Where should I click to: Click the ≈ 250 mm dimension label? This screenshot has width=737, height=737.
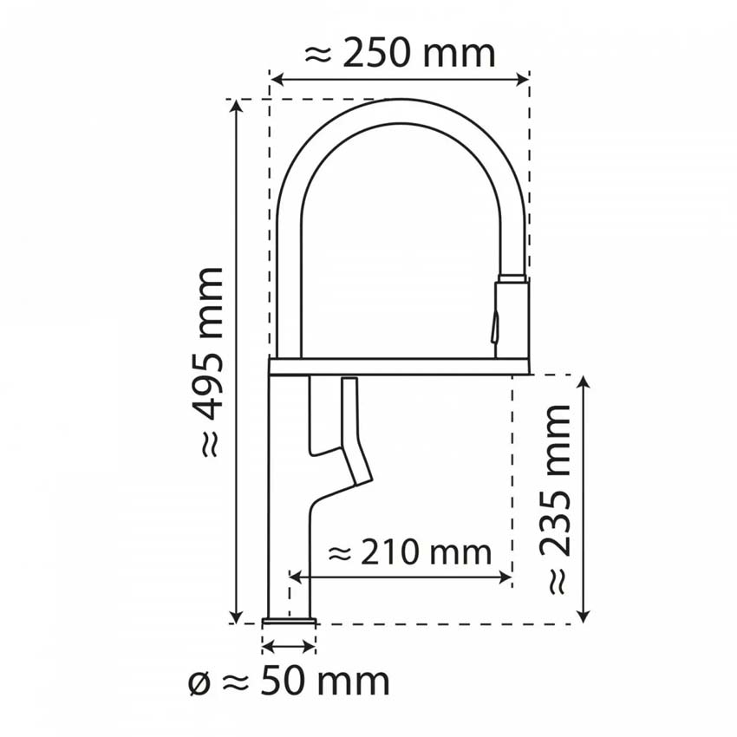tap(400, 54)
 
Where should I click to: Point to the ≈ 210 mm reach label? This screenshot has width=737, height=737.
tap(410, 551)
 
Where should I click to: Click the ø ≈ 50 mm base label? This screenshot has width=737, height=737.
tap(289, 682)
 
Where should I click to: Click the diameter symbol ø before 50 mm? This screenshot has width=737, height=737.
tap(199, 682)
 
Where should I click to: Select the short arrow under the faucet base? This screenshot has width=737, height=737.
tap(288, 646)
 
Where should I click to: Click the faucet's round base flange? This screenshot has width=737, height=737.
tap(289, 622)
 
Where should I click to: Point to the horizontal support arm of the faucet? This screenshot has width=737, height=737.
tap(399, 367)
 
